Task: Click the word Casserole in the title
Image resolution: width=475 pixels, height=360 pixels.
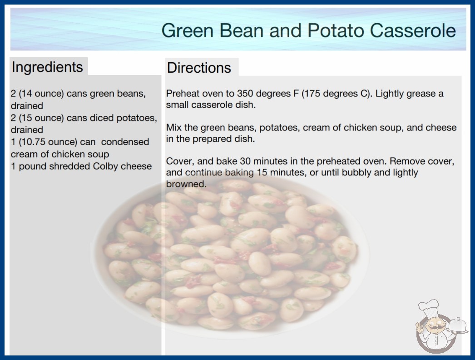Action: pyautogui.click(x=413, y=30)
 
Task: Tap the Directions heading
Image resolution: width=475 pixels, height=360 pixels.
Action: pyautogui.click(x=199, y=68)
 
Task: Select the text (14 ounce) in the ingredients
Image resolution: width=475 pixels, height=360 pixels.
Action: pyautogui.click(x=41, y=94)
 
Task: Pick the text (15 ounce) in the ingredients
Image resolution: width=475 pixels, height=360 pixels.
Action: pyautogui.click(x=41, y=118)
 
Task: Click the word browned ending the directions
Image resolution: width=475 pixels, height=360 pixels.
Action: pyautogui.click(x=186, y=184)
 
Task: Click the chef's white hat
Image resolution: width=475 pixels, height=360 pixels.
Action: pyautogui.click(x=429, y=308)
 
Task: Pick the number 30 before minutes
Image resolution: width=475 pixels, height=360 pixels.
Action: pyautogui.click(x=245, y=161)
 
